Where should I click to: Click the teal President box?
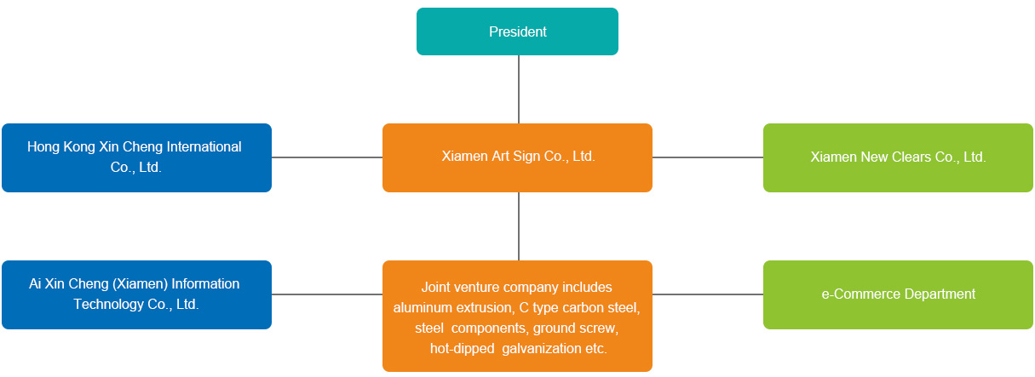coord(517,31)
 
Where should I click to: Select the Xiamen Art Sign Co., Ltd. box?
coord(517,157)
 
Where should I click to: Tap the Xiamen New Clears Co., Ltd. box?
coord(898,157)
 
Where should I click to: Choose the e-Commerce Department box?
coord(898,294)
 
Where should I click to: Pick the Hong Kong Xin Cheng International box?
coord(136,157)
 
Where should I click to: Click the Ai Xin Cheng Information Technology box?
coord(136,294)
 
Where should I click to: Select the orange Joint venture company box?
coord(517,316)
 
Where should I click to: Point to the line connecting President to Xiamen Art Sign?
coord(519,89)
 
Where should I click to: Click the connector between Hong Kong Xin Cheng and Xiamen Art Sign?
coord(327,157)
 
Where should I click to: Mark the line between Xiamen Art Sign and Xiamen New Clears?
coord(708,157)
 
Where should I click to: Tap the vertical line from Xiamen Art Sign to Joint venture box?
coord(519,226)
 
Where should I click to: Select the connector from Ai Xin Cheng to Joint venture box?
coord(327,294)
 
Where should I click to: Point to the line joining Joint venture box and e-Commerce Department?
coord(708,294)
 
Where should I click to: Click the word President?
coord(518,31)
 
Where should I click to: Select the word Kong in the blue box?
coord(78,146)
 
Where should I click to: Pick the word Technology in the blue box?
coord(108,305)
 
